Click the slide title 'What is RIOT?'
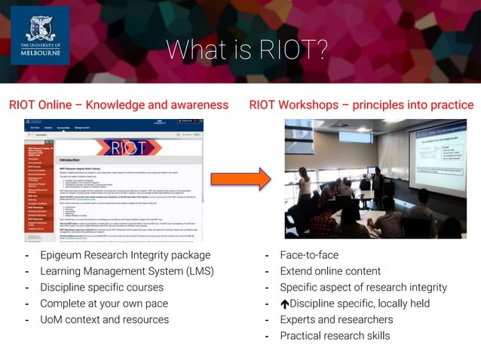point(247,50)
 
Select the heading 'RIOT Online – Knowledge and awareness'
point(118,105)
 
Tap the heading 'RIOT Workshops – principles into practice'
point(361,105)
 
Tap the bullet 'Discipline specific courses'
point(102,288)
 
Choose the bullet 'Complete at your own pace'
point(104,304)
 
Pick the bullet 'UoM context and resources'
point(104,320)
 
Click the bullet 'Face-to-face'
point(309,255)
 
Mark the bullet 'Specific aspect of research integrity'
point(363,288)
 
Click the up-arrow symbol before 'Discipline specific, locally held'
point(284,304)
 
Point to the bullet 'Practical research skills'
point(335,336)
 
